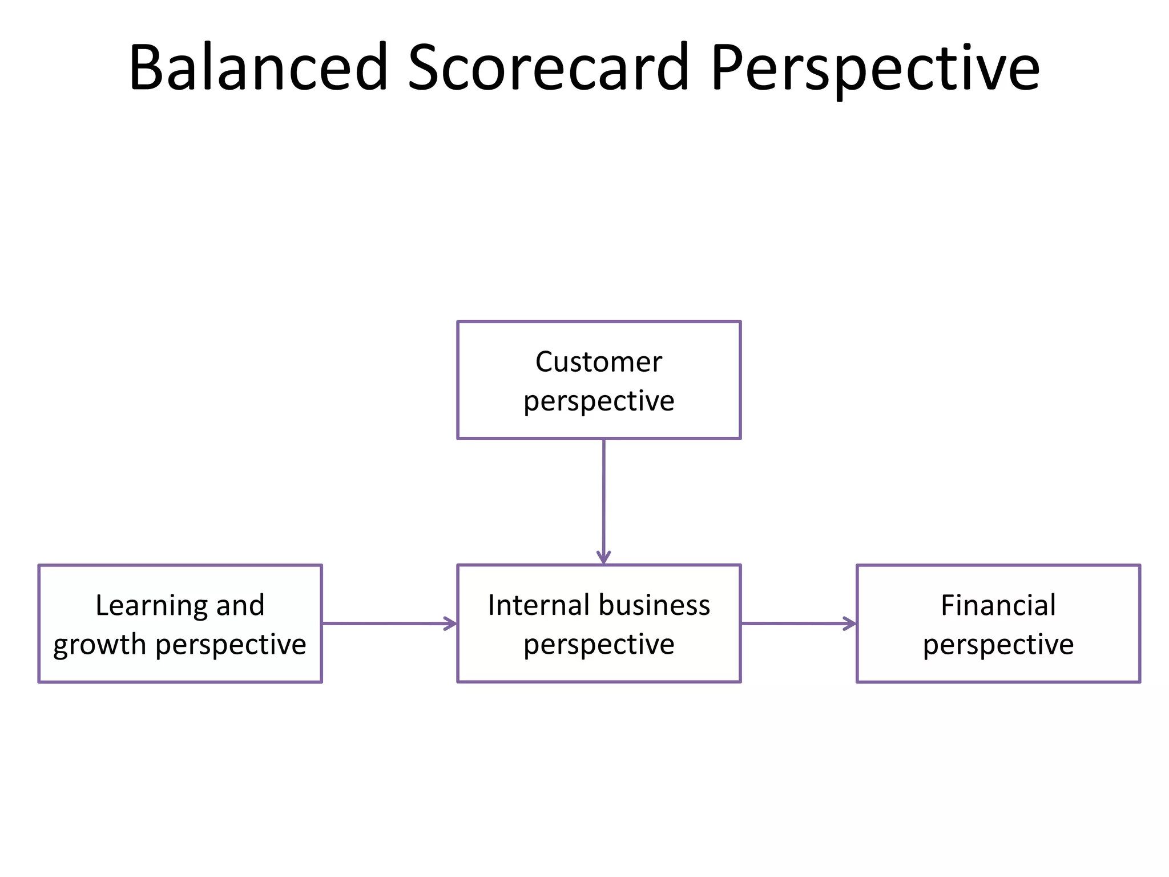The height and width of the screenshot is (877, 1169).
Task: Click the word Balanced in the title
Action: coord(259,67)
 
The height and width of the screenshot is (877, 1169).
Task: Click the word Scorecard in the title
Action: coord(549,67)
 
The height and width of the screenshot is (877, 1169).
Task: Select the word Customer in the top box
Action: coord(598,362)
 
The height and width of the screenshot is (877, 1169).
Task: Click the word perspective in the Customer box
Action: coord(599,401)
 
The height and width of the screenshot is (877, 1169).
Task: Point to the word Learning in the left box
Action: coord(147,606)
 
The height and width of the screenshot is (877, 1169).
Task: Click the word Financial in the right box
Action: coord(998,605)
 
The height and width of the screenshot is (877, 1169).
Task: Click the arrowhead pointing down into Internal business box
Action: coord(603,557)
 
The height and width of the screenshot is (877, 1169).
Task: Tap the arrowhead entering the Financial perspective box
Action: coord(850,623)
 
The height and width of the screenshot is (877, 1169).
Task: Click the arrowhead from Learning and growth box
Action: coord(450,623)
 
